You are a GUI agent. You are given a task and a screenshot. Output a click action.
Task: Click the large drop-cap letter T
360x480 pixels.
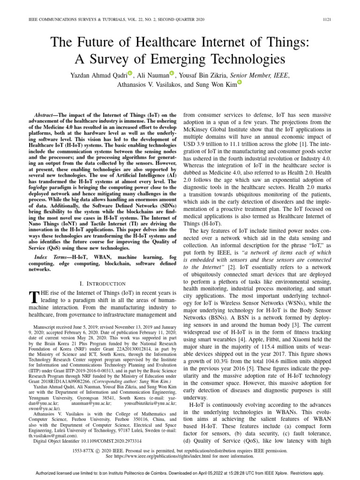33,297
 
